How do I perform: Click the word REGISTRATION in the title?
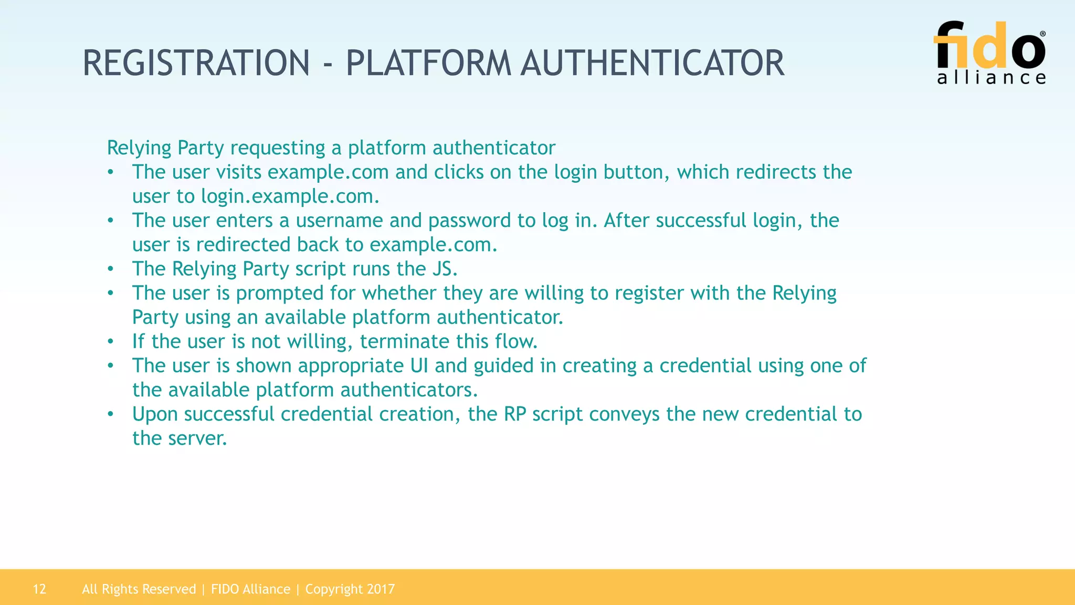[196, 64]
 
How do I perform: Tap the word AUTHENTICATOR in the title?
[652, 64]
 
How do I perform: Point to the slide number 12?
[39, 589]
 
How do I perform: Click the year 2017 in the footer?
[381, 589]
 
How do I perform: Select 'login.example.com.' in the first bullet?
[290, 196]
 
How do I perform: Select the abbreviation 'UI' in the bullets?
[419, 366]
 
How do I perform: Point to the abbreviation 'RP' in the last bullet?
[515, 414]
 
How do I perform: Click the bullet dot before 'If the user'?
[110, 341]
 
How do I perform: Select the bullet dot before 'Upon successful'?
[110, 414]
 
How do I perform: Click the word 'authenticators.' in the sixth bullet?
[409, 390]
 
